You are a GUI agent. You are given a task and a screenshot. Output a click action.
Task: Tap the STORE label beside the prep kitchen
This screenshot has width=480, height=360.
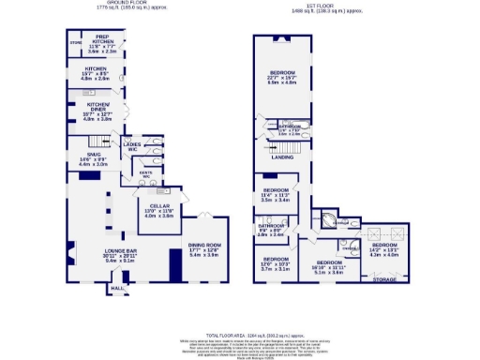[76, 43]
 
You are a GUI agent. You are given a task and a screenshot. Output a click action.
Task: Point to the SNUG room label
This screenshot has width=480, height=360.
[93, 155]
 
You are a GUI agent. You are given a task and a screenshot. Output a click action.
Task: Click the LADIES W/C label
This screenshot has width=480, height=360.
[132, 145]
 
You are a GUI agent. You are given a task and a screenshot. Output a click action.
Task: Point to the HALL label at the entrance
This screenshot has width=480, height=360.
[117, 289]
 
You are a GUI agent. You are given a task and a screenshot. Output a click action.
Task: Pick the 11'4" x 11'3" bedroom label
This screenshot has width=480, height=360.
[276, 194]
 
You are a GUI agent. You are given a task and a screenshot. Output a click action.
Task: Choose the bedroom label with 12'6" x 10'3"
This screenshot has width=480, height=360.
[276, 262]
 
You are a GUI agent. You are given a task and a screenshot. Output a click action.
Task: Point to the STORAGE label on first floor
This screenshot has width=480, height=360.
[384, 278]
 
